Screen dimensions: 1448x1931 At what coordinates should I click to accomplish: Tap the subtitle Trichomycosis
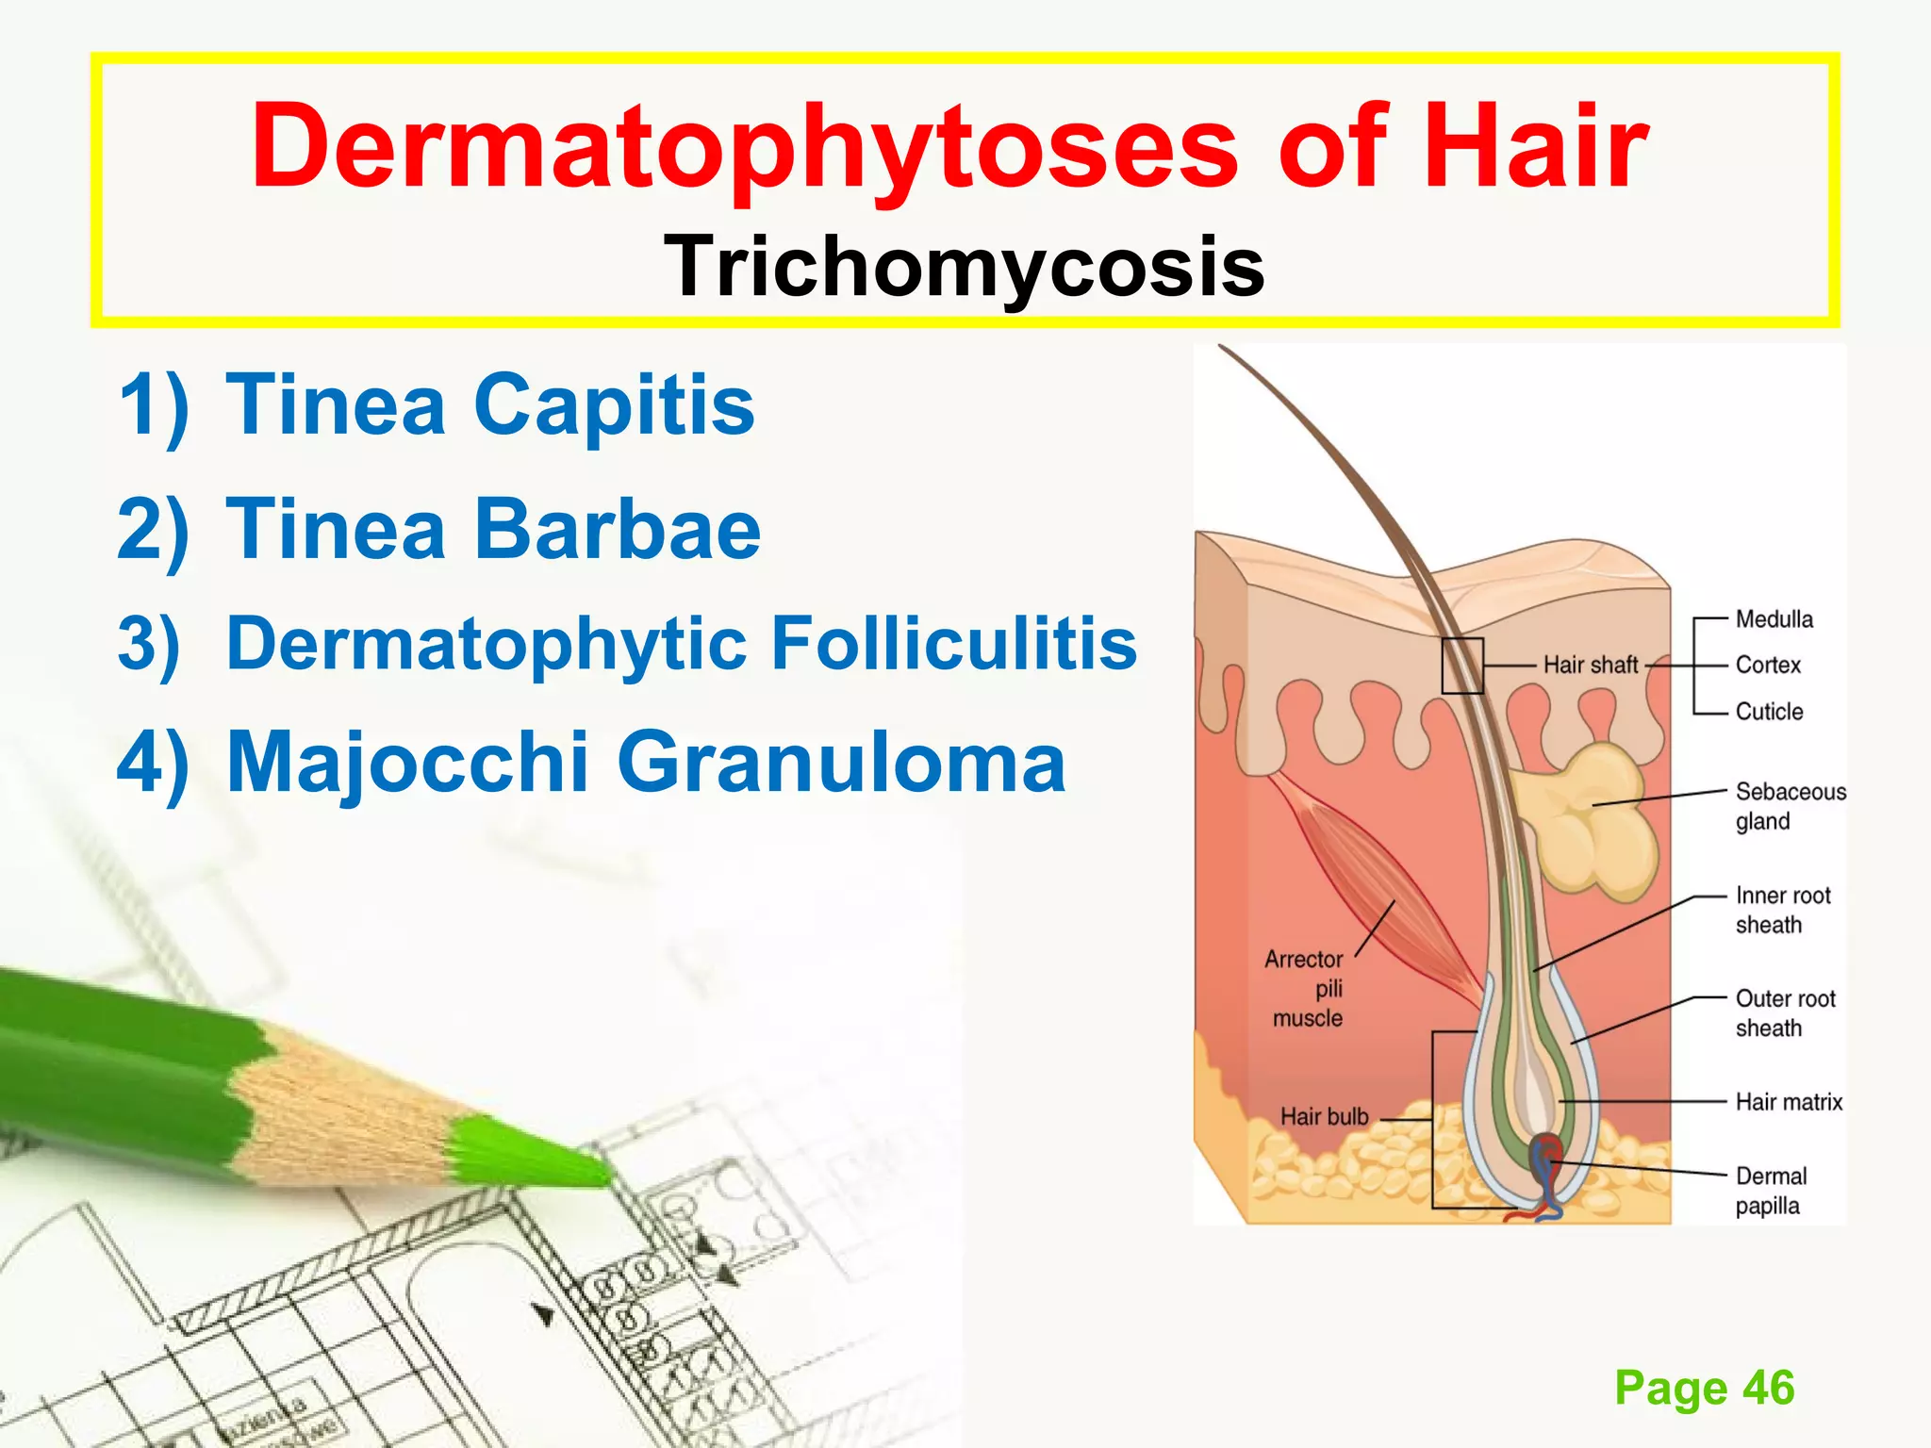tap(964, 267)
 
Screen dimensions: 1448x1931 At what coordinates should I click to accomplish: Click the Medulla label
tap(1774, 619)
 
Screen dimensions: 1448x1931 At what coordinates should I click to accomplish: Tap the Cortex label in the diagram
tap(1768, 665)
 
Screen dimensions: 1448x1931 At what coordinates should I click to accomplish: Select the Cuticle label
tap(1769, 712)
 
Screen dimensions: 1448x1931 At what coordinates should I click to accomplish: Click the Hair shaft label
tap(1591, 665)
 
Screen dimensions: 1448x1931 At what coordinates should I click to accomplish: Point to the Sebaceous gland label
tap(1790, 806)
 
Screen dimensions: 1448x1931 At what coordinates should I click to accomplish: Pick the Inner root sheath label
tap(1782, 910)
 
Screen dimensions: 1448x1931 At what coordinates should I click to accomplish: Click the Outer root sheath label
tap(1785, 1013)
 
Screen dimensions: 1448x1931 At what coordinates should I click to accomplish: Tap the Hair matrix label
tap(1789, 1102)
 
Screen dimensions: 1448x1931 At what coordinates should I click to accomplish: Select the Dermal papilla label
tap(1771, 1191)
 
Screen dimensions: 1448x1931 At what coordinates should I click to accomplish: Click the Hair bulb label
tap(1324, 1117)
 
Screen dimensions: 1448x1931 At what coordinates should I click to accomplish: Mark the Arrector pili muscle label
tap(1306, 989)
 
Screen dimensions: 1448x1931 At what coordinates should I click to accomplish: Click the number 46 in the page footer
tap(1768, 1388)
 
